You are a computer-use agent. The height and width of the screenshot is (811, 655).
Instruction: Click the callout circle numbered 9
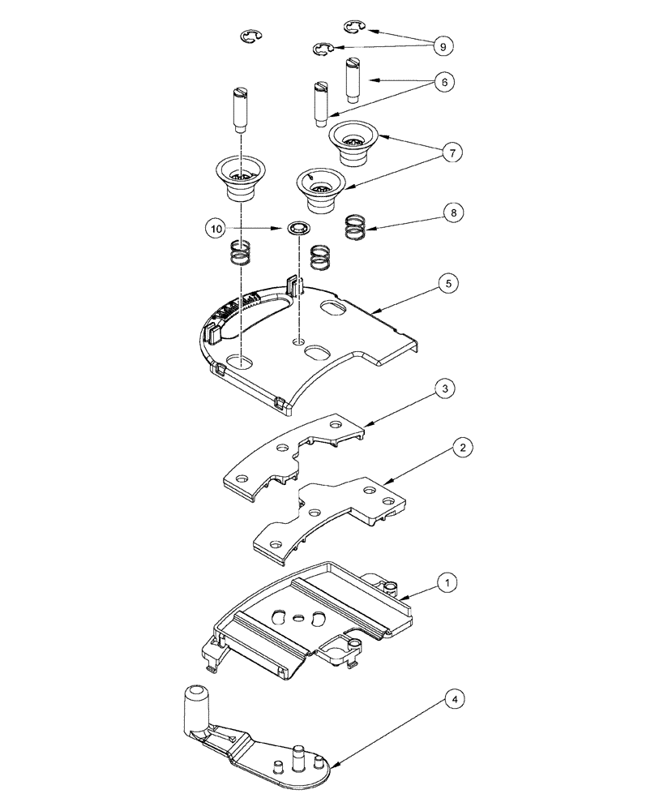tap(443, 48)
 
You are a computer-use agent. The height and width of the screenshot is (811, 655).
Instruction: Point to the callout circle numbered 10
tap(215, 230)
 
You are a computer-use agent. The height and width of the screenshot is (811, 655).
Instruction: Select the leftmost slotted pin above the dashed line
tap(238, 109)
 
